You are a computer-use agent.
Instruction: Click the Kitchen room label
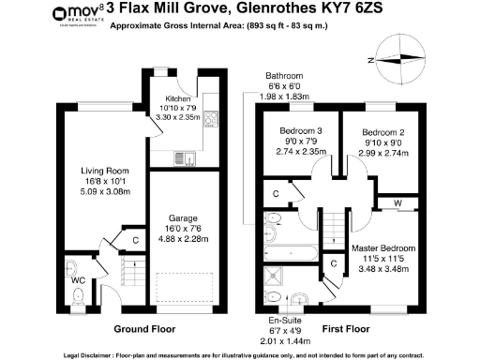tap(178, 98)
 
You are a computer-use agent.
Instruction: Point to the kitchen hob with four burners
tap(211, 119)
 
